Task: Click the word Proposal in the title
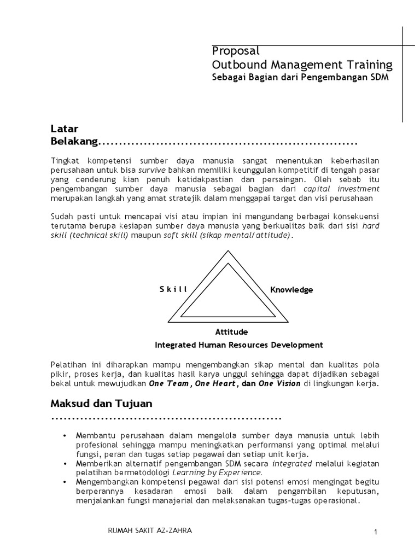[236, 51]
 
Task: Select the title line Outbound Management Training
[302, 65]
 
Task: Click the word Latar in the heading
[65, 129]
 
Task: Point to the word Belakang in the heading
[74, 142]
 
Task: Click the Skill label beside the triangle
[173, 289]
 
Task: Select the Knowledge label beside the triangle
[291, 290]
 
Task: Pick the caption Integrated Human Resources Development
[239, 345]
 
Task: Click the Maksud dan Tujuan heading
[101, 404]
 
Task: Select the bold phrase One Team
[170, 384]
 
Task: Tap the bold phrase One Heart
[216, 384]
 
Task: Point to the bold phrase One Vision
[279, 384]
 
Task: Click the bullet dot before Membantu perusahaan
[65, 435]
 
